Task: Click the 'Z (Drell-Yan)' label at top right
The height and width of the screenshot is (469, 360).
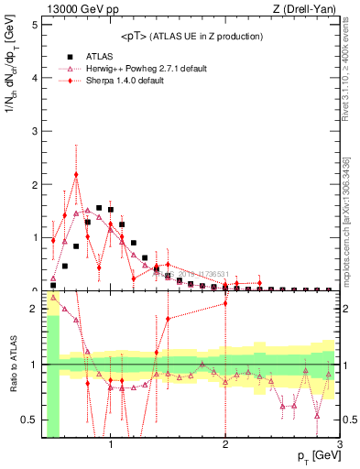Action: pos(307,9)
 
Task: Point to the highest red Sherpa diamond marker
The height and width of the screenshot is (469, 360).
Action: pos(76,174)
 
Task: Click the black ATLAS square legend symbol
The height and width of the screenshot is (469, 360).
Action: pos(65,56)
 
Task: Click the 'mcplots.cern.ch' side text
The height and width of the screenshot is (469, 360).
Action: pos(350,247)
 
